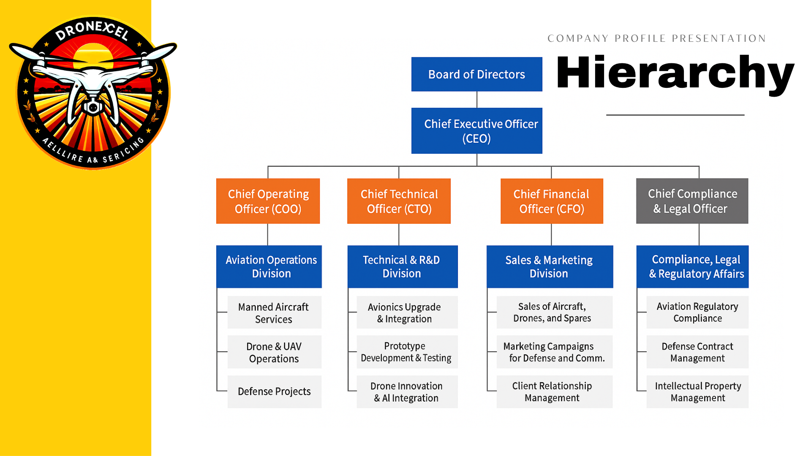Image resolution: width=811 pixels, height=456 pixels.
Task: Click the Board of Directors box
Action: pyautogui.click(x=476, y=74)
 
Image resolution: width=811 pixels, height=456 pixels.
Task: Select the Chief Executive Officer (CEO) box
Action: pyautogui.click(x=476, y=131)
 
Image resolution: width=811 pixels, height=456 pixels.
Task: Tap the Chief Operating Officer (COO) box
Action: pyautogui.click(x=268, y=201)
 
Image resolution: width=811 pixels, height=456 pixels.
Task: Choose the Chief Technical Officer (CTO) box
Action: pyautogui.click(x=399, y=201)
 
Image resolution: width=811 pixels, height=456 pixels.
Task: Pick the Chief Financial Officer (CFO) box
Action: pyautogui.click(x=552, y=201)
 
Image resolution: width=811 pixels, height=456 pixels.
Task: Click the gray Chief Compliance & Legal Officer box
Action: pyautogui.click(x=692, y=201)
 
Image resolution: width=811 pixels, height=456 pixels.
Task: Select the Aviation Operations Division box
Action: pyautogui.click(x=269, y=266)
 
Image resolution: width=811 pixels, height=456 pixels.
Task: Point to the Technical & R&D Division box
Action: pyautogui.click(x=402, y=266)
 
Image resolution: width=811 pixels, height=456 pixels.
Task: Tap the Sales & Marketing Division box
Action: pyautogui.click(x=550, y=266)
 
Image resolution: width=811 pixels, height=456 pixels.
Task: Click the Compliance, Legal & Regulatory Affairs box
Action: pyautogui.click(x=692, y=266)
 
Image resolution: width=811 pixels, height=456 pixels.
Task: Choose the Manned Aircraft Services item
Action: pyautogui.click(x=274, y=312)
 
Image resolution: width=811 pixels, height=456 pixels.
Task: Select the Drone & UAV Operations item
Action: pyautogui.click(x=274, y=352)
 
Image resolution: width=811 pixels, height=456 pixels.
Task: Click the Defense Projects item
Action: pyautogui.click(x=274, y=391)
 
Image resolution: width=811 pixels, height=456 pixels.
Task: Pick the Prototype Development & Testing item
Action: pyautogui.click(x=407, y=352)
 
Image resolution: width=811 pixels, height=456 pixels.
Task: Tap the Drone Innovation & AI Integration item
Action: pyautogui.click(x=407, y=392)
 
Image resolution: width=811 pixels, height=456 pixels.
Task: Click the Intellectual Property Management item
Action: pyautogui.click(x=697, y=392)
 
